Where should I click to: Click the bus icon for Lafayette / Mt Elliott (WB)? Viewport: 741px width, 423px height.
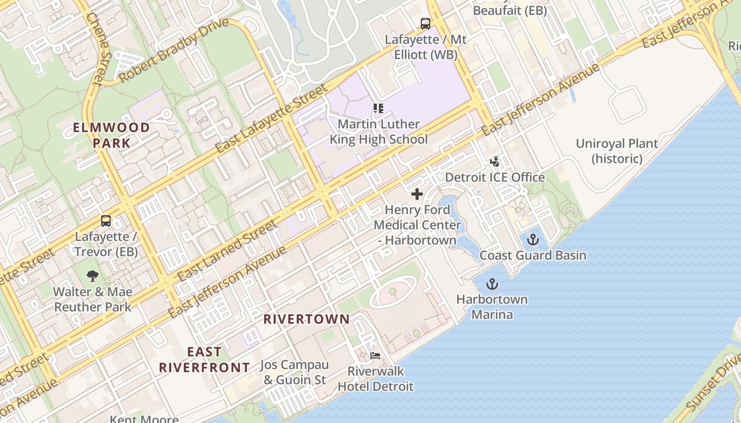click(426, 24)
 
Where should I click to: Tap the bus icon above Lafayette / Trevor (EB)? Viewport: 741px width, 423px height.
click(106, 221)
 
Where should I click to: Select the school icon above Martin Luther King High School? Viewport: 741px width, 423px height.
click(378, 108)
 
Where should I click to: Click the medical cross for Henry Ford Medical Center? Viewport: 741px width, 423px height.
click(417, 194)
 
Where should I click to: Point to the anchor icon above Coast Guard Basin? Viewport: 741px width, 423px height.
click(533, 240)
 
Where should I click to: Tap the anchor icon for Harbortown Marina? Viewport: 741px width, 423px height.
click(492, 284)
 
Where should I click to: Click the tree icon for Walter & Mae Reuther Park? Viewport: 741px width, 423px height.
click(93, 276)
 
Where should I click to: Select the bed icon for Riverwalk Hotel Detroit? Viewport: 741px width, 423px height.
click(375, 356)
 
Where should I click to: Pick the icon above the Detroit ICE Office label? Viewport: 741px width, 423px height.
click(494, 162)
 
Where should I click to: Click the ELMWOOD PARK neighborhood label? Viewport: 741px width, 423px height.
click(111, 135)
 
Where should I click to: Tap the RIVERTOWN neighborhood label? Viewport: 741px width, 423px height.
click(306, 319)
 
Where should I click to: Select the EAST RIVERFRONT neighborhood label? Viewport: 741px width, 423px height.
click(204, 360)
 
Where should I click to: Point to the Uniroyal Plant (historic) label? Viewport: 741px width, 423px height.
click(617, 151)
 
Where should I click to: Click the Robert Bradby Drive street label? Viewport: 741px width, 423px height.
click(174, 50)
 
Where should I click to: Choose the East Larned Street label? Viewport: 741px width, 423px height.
click(228, 251)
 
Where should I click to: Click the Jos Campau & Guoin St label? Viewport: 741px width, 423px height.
click(295, 372)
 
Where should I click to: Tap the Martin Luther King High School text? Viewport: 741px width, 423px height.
click(378, 132)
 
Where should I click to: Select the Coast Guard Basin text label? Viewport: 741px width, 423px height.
click(533, 255)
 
